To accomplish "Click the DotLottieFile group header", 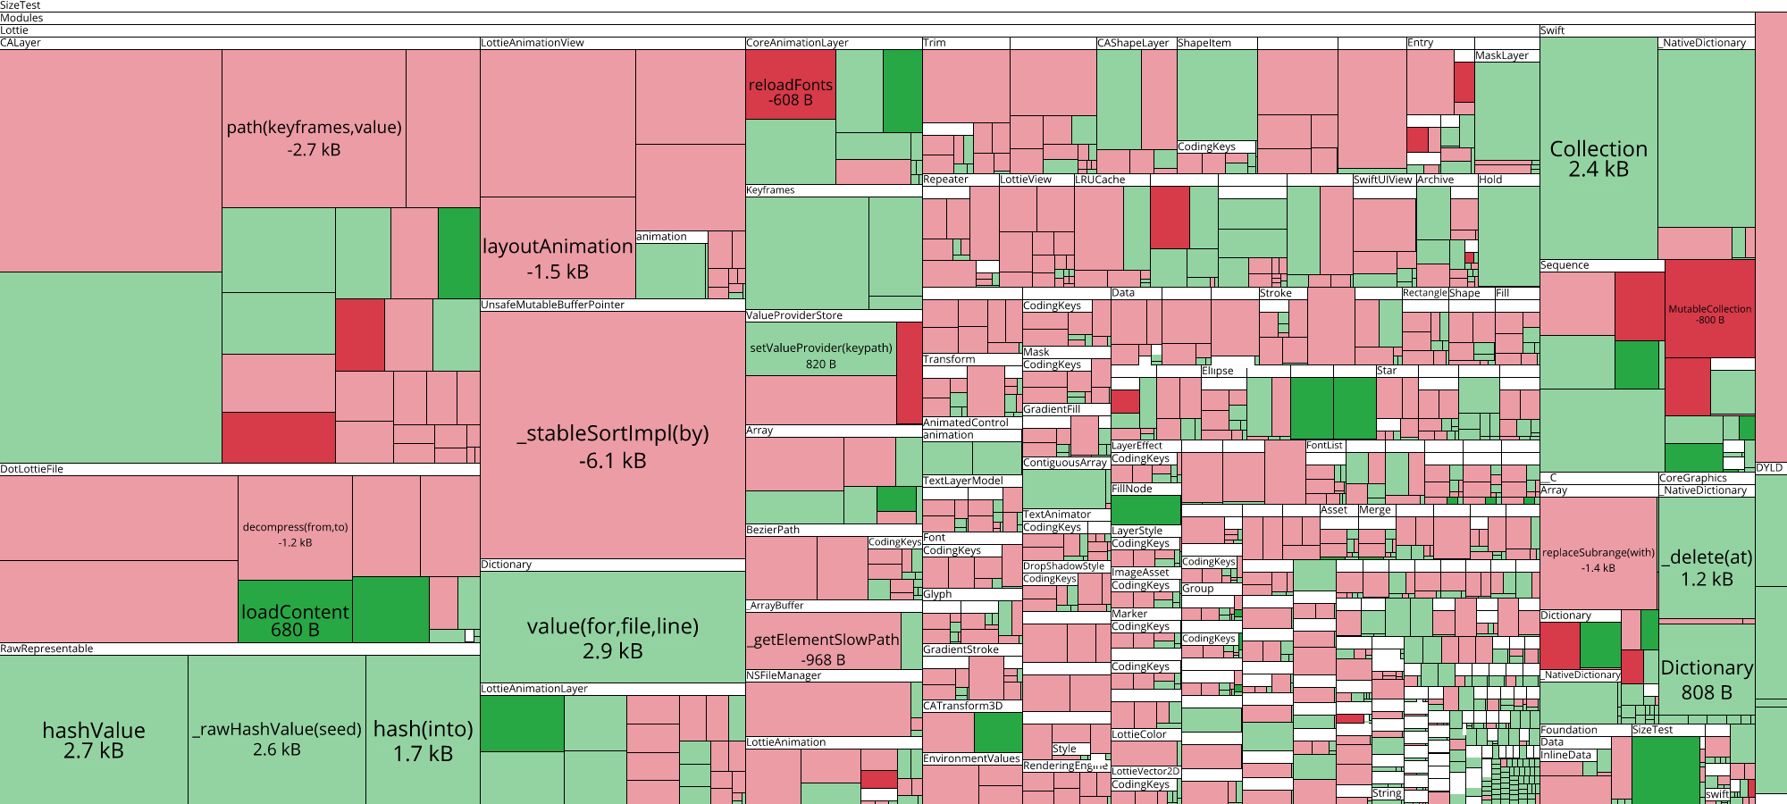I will tap(32, 469).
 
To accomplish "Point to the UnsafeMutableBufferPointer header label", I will tap(553, 305).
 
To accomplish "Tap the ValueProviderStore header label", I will tap(794, 315).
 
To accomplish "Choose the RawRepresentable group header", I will tap(46, 649).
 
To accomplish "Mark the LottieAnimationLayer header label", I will tap(534, 689).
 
